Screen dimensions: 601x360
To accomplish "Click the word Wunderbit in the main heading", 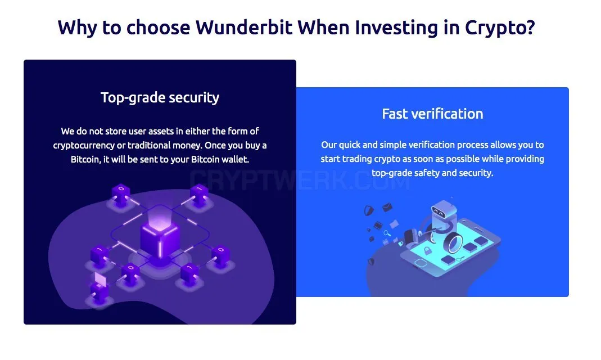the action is click(244, 27).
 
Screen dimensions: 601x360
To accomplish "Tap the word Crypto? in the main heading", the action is click(500, 28).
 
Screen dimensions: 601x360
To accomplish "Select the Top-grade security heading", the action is click(160, 97).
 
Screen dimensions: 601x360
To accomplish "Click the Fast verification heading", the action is click(432, 114).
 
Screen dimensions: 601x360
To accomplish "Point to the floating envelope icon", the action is click(387, 208).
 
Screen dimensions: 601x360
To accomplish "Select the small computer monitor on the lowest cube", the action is click(101, 280).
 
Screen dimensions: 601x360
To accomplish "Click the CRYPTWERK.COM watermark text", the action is click(300, 179).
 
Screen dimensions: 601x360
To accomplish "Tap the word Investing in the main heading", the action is click(396, 28).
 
